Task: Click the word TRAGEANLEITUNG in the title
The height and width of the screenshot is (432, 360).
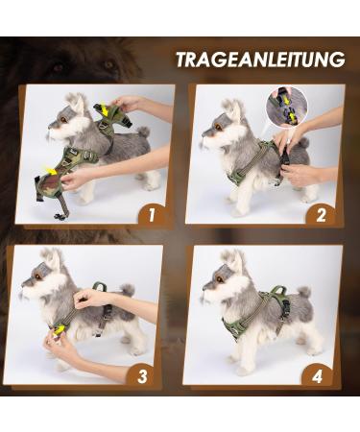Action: [x=259, y=60]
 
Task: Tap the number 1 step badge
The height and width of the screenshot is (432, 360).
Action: [x=150, y=214]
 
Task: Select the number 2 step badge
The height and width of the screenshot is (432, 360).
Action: [x=322, y=214]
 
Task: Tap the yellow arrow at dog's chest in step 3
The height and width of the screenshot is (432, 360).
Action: [x=60, y=331]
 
